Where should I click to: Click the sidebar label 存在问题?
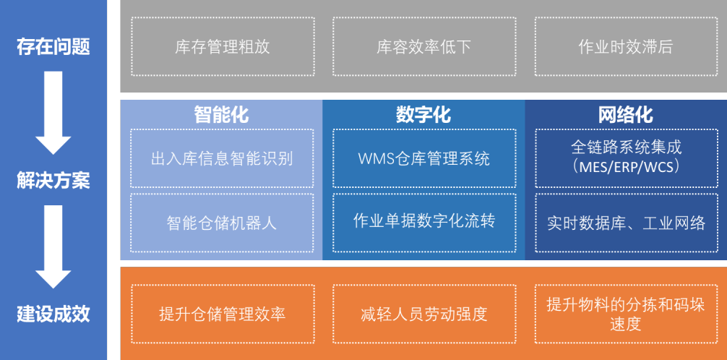coord(53,47)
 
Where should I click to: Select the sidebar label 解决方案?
coord(53,181)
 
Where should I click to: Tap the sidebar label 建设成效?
coord(53,314)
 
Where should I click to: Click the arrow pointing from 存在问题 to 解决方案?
coord(53,113)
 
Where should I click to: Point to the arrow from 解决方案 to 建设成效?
coord(53,247)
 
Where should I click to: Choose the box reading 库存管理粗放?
coord(223,46)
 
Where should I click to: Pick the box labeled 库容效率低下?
coord(424,46)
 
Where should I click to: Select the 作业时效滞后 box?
coord(626,46)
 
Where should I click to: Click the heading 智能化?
coord(222,115)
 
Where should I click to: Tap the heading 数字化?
coord(423,115)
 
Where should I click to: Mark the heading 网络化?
coord(626,115)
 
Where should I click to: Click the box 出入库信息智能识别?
coord(222,158)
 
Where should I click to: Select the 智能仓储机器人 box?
coord(222,223)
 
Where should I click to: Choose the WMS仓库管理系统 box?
coord(424,158)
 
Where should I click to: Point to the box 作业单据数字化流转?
coord(424,223)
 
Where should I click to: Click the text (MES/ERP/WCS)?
coord(627,167)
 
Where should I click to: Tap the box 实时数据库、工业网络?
coord(627,223)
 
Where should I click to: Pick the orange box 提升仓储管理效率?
coord(223,314)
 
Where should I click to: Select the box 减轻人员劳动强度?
coord(424,314)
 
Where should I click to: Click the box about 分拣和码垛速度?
coord(626,314)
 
